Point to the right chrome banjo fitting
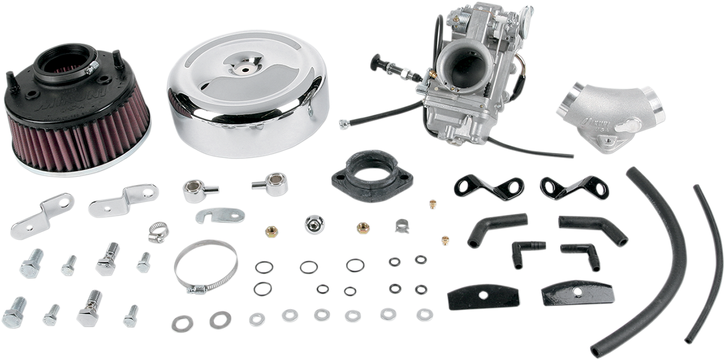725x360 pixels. tap(269, 181)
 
